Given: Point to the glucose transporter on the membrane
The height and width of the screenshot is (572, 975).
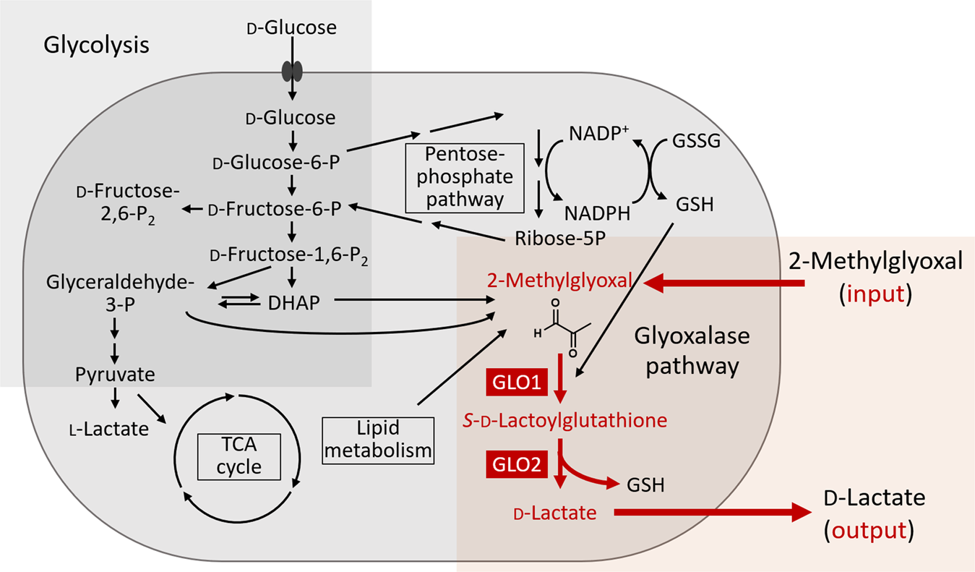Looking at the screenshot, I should [291, 71].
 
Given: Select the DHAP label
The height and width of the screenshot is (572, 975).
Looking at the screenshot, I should [293, 304].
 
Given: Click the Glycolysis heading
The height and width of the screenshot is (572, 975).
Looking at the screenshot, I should [96, 45].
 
